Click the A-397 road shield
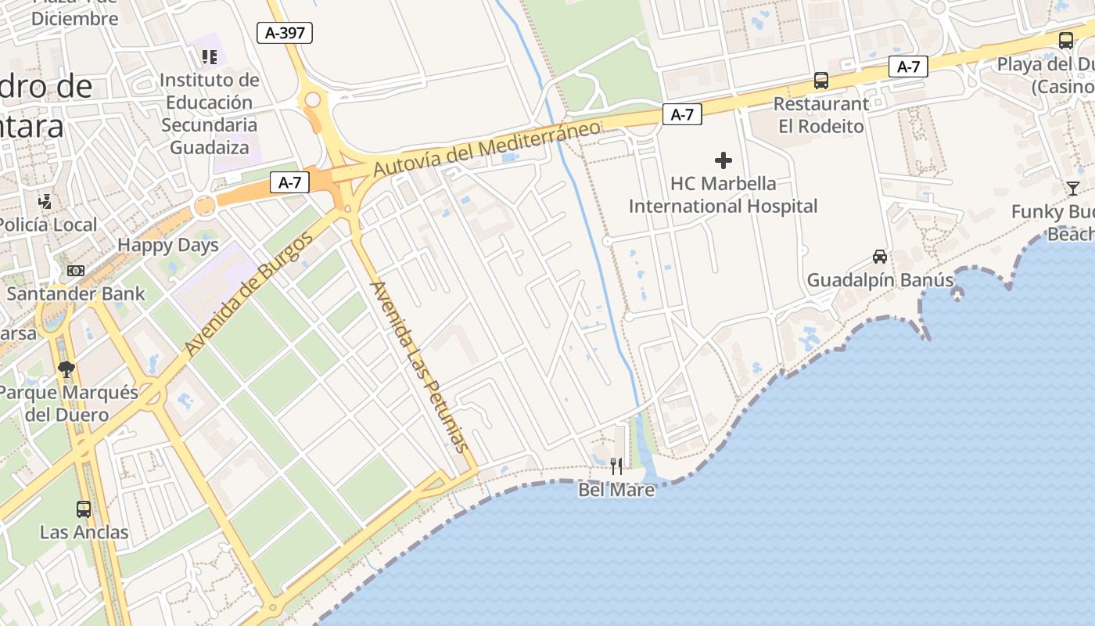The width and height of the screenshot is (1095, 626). [285, 32]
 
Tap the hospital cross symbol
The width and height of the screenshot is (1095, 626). [723, 160]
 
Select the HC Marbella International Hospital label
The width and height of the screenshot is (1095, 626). [723, 195]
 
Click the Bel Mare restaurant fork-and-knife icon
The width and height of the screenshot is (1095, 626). [616, 466]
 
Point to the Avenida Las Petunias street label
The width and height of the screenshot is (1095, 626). [420, 366]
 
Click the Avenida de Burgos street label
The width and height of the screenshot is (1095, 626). [250, 293]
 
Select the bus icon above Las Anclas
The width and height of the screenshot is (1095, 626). [84, 509]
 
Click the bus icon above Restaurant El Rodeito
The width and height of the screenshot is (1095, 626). [821, 80]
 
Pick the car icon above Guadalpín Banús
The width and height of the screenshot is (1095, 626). [880, 257]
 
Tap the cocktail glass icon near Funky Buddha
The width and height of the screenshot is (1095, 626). [1072, 188]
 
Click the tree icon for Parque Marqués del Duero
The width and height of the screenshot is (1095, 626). [66, 369]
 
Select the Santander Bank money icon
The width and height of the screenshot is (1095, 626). [76, 270]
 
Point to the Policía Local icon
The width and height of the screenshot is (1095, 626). [45, 201]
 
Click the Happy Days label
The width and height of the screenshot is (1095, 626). [168, 245]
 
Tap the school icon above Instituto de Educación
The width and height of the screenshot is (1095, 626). [209, 56]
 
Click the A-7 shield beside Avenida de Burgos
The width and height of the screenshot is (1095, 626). [290, 182]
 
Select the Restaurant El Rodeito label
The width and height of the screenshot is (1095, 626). [821, 115]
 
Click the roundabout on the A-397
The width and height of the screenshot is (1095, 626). [313, 99]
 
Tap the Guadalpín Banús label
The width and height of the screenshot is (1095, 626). [880, 280]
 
